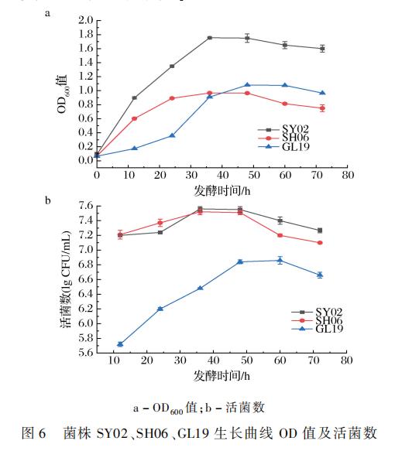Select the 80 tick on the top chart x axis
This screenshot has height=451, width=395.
349,175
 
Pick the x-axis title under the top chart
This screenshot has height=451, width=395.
222,190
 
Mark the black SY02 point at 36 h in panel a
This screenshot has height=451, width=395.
210,37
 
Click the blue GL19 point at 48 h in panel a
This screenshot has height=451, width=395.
247,85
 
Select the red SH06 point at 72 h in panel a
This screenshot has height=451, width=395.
321,108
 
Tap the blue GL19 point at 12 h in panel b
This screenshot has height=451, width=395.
120,344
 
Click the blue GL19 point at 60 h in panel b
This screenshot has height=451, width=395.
280,260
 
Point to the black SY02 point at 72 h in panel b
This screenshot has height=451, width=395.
319,231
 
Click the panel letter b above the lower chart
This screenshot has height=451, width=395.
48,202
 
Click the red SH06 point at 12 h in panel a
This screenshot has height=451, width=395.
134,118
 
